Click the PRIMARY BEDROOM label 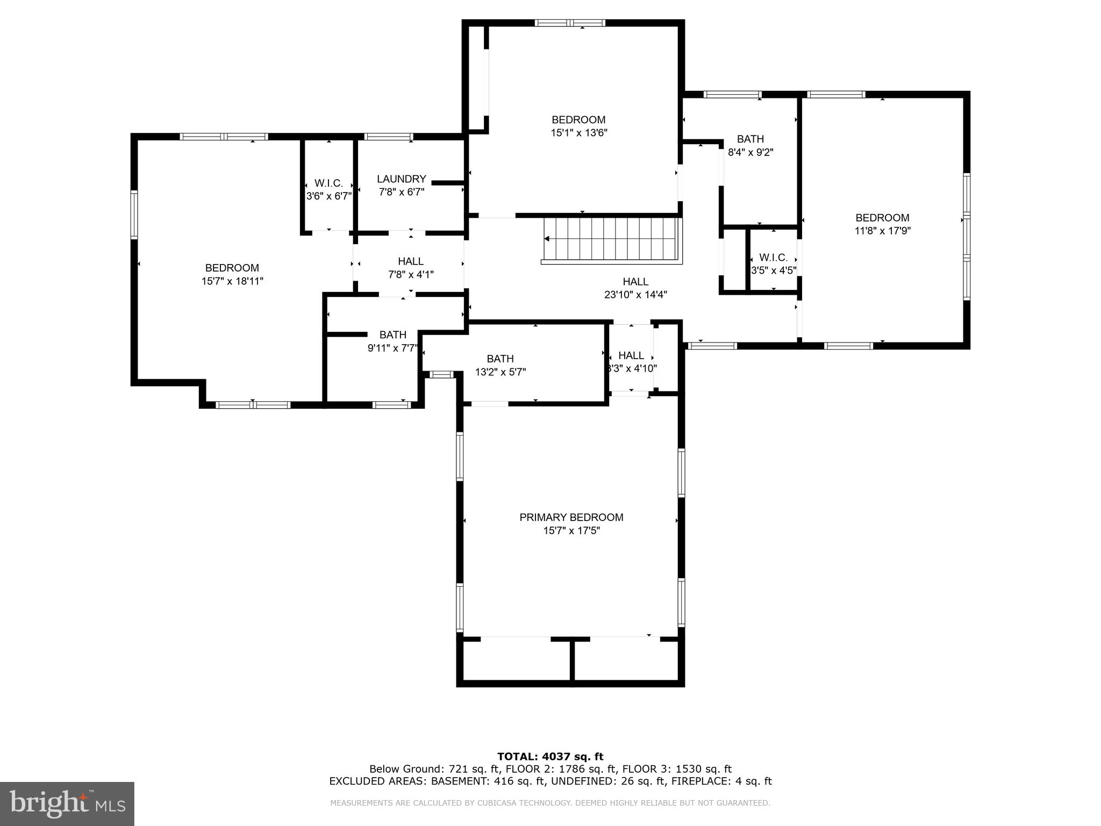tap(571, 517)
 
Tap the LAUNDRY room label tap(401, 179)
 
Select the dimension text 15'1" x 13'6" tap(578, 133)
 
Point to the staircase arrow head tap(547, 239)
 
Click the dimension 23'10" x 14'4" tap(635, 295)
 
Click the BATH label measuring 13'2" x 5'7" tap(500, 359)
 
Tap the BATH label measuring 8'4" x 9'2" tap(750, 139)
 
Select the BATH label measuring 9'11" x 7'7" tap(392, 335)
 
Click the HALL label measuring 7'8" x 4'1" tap(411, 261)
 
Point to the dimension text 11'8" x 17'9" tap(882, 231)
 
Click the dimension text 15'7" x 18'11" tap(232, 281)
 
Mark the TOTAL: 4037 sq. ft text tap(550, 757)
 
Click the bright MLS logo tap(67, 803)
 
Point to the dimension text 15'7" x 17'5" tap(571, 531)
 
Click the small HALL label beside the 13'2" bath tap(631, 355)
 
